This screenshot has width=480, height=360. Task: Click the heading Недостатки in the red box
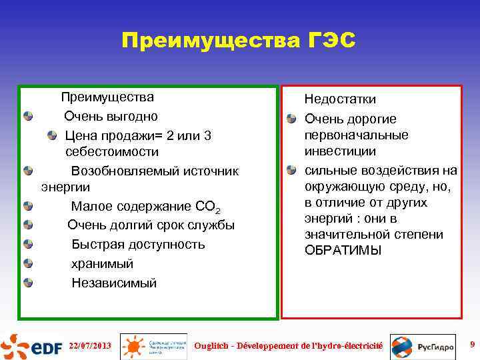point(340,99)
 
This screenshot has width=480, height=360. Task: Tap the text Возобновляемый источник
point(155,171)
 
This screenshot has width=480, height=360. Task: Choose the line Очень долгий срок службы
point(151,225)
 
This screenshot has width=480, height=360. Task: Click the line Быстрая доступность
point(138,244)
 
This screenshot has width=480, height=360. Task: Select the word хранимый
point(102,263)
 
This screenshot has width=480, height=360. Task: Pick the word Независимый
point(114,283)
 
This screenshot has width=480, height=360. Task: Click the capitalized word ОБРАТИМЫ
point(343,251)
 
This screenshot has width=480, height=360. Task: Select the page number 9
point(472,345)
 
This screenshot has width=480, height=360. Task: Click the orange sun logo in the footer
point(133,346)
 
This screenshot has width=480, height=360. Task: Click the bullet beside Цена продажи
point(53,136)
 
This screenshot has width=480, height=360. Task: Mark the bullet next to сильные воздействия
point(292,169)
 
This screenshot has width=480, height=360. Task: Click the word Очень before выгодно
point(83,117)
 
